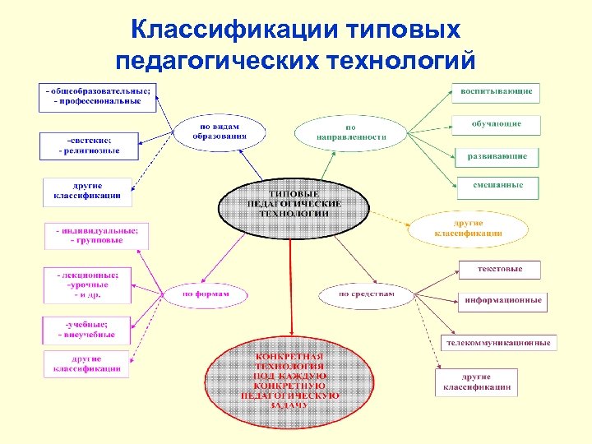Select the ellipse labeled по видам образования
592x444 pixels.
pyautogui.click(x=220, y=131)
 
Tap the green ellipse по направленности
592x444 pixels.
pyautogui.click(x=350, y=132)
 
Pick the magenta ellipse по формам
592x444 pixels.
pyautogui.click(x=205, y=294)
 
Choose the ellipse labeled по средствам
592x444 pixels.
pyautogui.click(x=367, y=294)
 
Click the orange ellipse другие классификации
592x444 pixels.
pyautogui.click(x=468, y=227)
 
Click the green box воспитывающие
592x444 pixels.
pyautogui.click(x=496, y=91)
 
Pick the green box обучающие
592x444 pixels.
pyautogui.click(x=496, y=124)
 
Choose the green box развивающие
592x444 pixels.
pyautogui.click(x=497, y=155)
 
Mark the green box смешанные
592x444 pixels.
pyautogui.click(x=497, y=186)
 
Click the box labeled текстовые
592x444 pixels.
pyautogui.click(x=500, y=269)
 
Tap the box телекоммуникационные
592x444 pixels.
pyautogui.click(x=499, y=342)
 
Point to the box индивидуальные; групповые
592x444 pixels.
pyautogui.click(x=90, y=235)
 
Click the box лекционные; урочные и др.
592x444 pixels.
pyautogui.click(x=87, y=284)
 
